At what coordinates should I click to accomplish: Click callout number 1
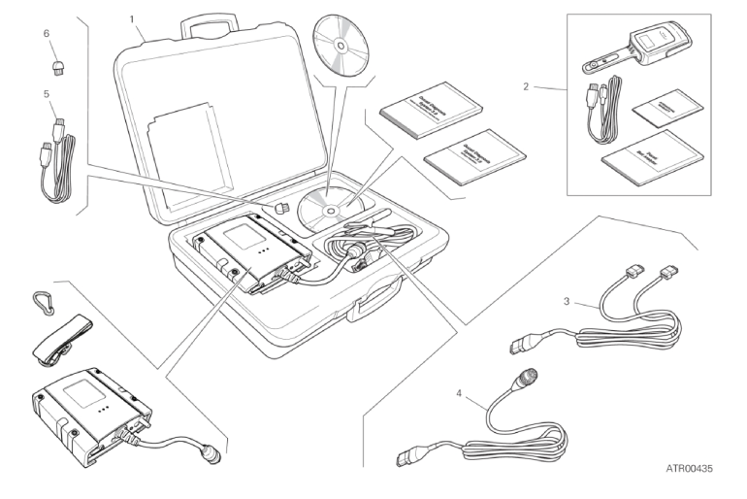pyautogui.click(x=132, y=18)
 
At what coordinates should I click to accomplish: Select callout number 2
pyautogui.click(x=526, y=86)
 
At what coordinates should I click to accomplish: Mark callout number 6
pyautogui.click(x=45, y=34)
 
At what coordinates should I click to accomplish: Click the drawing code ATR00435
pyautogui.click(x=689, y=469)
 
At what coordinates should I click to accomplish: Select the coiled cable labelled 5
pyautogui.click(x=57, y=165)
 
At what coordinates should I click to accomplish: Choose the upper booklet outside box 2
pyautogui.click(x=418, y=113)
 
